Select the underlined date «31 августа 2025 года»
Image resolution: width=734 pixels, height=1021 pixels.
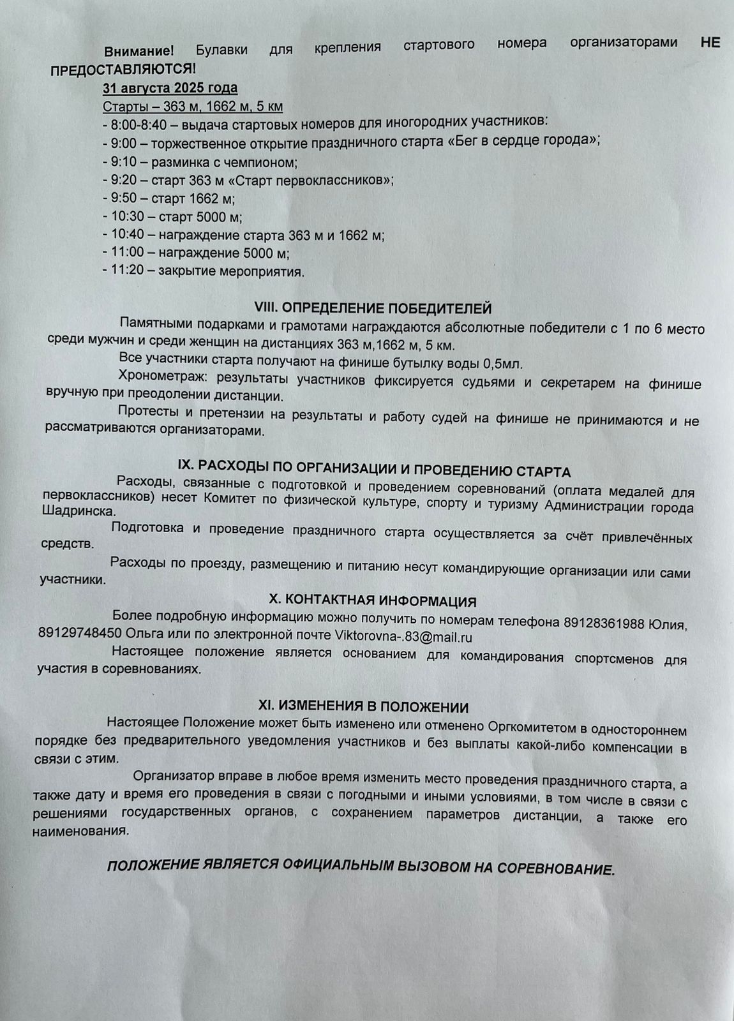pyautogui.click(x=170, y=87)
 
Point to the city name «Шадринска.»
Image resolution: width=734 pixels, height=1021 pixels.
pyautogui.click(x=79, y=512)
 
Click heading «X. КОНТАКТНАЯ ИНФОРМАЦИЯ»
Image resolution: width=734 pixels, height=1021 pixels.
pyautogui.click(x=373, y=601)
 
